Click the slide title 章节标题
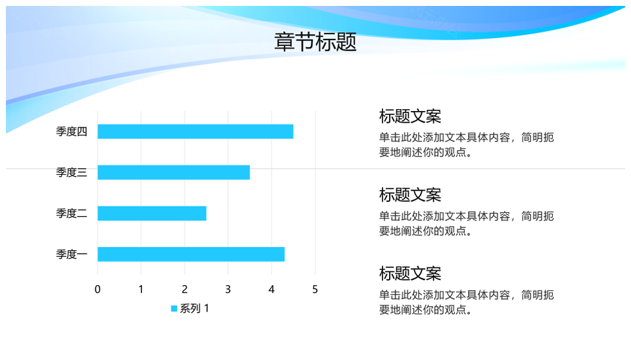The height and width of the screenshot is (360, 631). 315,42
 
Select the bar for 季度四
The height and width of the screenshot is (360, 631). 195,131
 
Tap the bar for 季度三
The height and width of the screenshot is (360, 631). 174,172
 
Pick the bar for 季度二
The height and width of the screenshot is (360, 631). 152,214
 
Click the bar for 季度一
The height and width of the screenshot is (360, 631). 191,254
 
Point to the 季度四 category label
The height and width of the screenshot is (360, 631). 71,131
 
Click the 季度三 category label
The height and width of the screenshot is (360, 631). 71,172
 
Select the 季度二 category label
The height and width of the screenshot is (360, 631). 71,214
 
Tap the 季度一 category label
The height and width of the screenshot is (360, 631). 71,254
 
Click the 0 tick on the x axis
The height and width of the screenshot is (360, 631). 97,289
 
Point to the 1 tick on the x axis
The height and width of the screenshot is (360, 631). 141,289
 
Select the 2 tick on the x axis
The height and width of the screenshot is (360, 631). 185,289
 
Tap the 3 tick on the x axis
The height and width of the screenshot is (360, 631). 228,289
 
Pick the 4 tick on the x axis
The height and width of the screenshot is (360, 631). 271,289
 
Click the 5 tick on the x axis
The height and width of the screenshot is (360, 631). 315,289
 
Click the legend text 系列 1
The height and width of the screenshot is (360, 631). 195,309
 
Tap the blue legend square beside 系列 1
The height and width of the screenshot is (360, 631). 174,309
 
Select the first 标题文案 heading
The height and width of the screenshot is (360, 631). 410,116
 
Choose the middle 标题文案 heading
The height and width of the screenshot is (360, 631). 410,195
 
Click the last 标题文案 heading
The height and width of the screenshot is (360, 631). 410,273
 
